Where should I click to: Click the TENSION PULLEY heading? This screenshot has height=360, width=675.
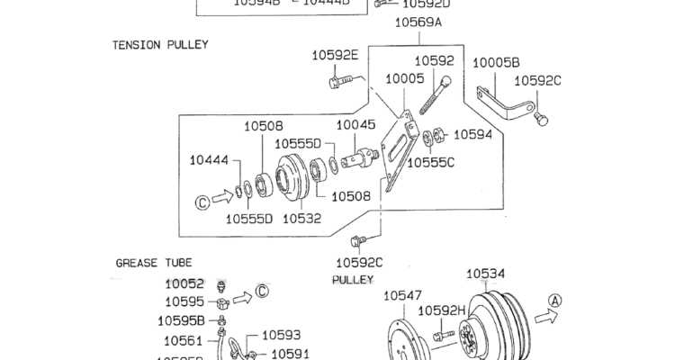coord(160,44)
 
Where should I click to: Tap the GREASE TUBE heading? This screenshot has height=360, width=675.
coord(148,264)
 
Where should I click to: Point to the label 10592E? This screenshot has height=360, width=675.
coord(336,56)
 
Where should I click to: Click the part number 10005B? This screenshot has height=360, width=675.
coord(497,63)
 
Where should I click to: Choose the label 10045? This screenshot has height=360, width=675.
coord(355,126)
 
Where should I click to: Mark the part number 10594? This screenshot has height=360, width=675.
coord(472,135)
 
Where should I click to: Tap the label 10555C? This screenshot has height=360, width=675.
coord(432,163)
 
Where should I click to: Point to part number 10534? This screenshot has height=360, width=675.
coord(485,274)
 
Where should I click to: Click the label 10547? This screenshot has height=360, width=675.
coord(402,294)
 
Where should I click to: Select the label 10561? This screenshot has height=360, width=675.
coord(183,340)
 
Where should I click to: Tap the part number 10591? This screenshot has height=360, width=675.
coord(291,354)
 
